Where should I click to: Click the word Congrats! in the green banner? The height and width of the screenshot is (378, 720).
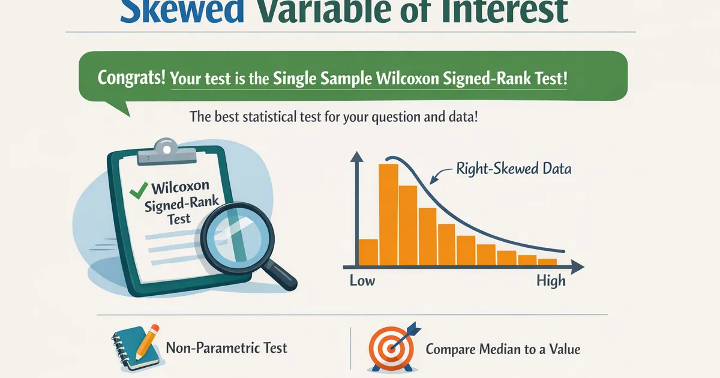[x=131, y=77]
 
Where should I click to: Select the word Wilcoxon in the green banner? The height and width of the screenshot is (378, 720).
[x=407, y=78]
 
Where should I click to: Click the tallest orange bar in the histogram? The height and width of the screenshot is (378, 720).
[x=388, y=215]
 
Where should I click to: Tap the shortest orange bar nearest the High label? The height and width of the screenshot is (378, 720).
[x=547, y=262]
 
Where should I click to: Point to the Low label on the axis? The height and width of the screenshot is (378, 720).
[x=362, y=281]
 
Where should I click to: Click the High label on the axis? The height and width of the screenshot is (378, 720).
[x=551, y=281]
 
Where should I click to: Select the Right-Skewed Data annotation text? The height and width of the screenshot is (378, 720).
[x=514, y=169]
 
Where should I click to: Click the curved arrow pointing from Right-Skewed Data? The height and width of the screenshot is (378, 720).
[x=439, y=175]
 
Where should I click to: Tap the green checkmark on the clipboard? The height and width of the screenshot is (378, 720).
[x=139, y=191]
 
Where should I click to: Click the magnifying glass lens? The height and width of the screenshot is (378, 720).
[x=238, y=237]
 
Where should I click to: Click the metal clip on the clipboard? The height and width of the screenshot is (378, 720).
[x=167, y=152]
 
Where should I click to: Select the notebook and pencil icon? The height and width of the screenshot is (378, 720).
[x=136, y=348]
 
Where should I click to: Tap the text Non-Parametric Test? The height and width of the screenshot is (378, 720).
[x=226, y=348]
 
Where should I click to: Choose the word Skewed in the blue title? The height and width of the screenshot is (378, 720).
[x=182, y=11]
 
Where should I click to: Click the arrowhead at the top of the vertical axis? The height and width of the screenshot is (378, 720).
[x=356, y=157]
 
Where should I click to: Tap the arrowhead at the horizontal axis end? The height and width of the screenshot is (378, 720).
[x=578, y=267]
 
